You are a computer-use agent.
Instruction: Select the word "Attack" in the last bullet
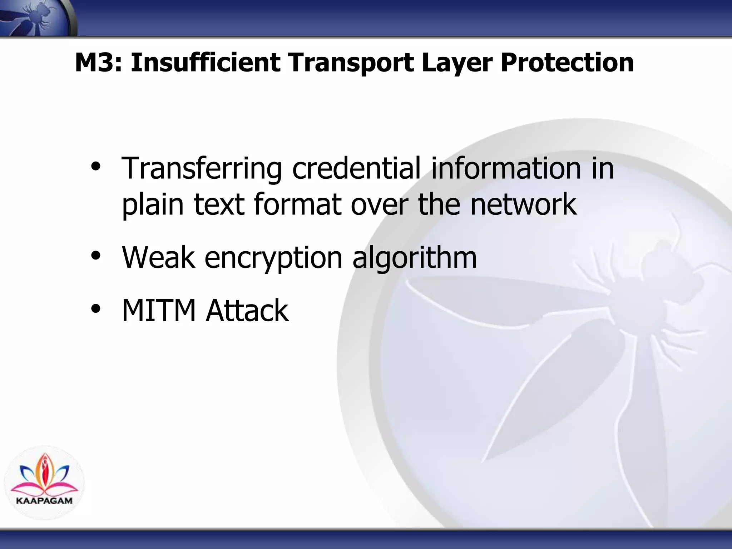[247, 310]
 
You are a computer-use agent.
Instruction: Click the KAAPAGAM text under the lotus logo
[44, 500]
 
